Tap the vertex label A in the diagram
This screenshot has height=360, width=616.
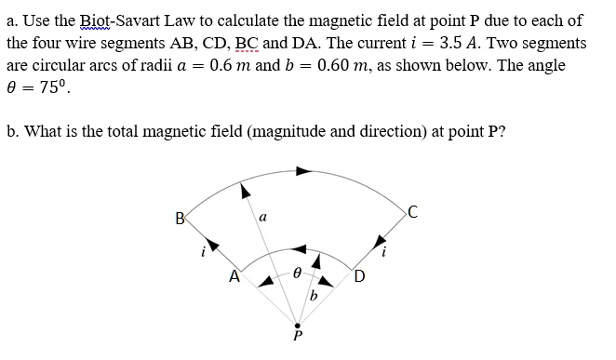coord(235,274)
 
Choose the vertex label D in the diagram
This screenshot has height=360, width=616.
coord(360,274)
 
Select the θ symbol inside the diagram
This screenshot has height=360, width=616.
coord(297,275)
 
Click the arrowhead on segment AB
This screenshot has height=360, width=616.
coord(212,247)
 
